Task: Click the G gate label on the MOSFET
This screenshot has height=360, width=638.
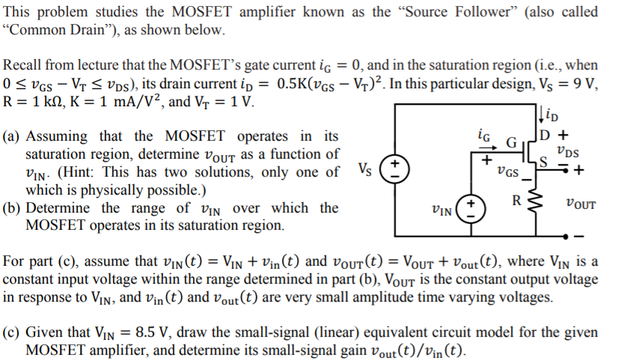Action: (512, 142)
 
